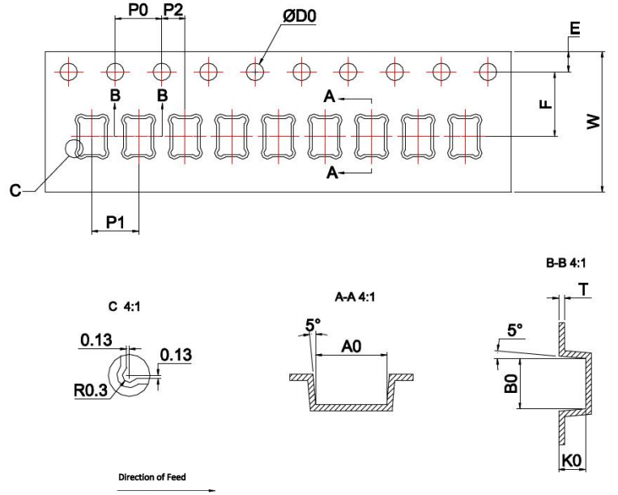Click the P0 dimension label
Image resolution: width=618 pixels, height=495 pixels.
[x=139, y=11]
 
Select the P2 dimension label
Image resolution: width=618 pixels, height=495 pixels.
[x=173, y=11]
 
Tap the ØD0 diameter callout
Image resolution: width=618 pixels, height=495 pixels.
[x=299, y=17]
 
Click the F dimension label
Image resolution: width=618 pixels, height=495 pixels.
[x=545, y=104]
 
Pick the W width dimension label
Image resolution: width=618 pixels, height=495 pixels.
[x=594, y=122]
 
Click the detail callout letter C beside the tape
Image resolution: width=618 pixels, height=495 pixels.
[x=15, y=191]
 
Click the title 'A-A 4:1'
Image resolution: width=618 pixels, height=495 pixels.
[x=351, y=297]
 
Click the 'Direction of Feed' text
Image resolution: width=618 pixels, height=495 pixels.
[x=152, y=477]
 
